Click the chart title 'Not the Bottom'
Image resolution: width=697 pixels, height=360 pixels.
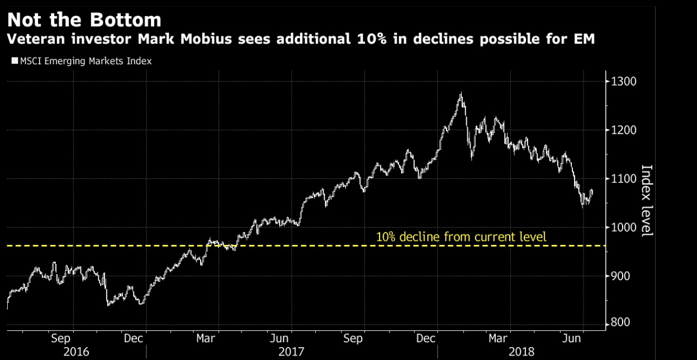click(84, 20)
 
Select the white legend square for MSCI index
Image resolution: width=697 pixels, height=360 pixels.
click(15, 61)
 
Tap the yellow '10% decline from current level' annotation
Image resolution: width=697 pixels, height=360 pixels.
click(461, 237)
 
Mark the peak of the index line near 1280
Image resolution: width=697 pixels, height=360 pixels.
click(461, 94)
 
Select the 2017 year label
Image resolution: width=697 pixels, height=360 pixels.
click(292, 352)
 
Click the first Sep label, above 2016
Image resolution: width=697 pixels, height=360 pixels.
click(60, 338)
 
